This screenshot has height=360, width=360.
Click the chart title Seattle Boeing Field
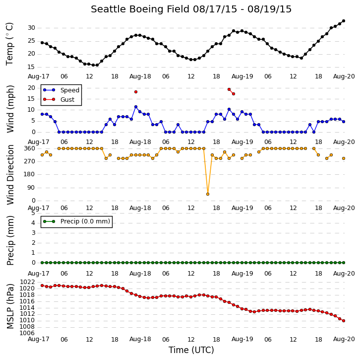tap(140, 9)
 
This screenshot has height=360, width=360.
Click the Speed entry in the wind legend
tap(70, 90)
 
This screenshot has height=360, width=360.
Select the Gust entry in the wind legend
tap(67, 99)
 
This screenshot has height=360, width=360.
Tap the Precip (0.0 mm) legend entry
tap(85, 221)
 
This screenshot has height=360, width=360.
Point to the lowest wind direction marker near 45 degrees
tap(208, 194)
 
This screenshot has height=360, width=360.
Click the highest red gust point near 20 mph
tap(229, 89)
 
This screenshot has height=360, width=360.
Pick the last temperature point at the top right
tap(344, 21)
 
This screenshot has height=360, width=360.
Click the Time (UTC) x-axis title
tap(191, 350)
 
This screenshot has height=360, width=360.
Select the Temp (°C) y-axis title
tap(9, 44)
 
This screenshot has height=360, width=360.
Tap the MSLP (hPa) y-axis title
tap(10, 306)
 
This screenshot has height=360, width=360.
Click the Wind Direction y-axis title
tap(10, 175)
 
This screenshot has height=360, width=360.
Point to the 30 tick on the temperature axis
tap(31, 28)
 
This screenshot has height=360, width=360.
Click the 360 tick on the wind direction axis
tap(30, 148)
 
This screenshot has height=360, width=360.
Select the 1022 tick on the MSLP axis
tap(28, 282)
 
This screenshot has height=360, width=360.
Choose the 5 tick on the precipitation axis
tap(33, 213)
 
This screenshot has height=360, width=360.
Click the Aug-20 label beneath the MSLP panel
tap(344, 339)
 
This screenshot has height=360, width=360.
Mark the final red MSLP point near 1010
tap(344, 321)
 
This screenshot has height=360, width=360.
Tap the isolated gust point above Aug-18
tap(136, 92)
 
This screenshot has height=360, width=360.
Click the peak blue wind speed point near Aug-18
tap(136, 107)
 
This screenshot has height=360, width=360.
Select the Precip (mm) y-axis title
tap(10, 240)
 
